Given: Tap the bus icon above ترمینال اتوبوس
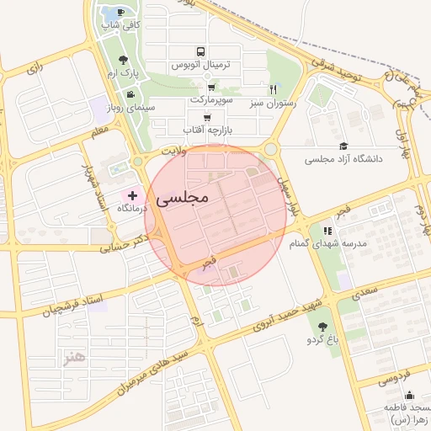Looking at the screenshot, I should tap(200, 51).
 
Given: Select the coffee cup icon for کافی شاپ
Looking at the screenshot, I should tap(121, 12).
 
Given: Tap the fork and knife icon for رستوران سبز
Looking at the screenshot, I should tap(273, 89).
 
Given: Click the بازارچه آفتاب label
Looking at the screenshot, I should tap(210, 131).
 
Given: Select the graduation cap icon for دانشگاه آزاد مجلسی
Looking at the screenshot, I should tap(342, 146).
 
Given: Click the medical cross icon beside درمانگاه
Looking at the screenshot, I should tap(132, 195).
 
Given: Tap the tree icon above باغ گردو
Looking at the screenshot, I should tap(322, 327).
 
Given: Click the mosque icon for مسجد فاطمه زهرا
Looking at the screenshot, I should tap(409, 396).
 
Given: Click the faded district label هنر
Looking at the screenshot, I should tap(75, 358).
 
